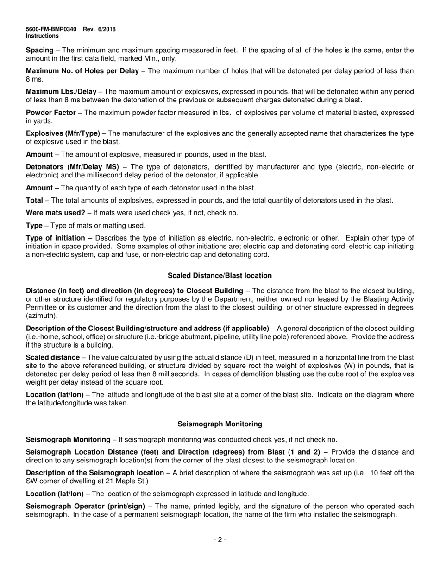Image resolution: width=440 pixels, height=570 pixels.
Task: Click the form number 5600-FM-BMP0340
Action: click(x=51, y=29)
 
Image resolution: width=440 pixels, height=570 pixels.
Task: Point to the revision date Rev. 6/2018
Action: click(x=100, y=29)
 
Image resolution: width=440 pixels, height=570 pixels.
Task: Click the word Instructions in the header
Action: click(x=42, y=36)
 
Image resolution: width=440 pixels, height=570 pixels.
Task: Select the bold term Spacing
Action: click(x=40, y=50)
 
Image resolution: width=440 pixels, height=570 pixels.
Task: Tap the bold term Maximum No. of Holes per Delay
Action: click(x=82, y=71)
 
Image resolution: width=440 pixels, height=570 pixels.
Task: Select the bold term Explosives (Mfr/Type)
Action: click(x=63, y=133)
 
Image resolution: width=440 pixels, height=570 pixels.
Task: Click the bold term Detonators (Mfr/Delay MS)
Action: click(x=72, y=167)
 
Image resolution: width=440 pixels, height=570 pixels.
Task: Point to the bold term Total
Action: click(x=35, y=200)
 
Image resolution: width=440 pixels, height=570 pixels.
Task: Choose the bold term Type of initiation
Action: click(x=56, y=238)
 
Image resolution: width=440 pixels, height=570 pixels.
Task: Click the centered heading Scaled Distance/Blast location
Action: click(x=220, y=276)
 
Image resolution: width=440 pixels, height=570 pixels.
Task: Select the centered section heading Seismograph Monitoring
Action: click(x=220, y=424)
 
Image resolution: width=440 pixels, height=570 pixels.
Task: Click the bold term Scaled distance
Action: click(x=52, y=358)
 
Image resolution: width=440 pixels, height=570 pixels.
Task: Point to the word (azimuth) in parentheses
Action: click(x=42, y=316)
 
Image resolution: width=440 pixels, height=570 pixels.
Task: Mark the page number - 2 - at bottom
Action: click(x=220, y=539)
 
